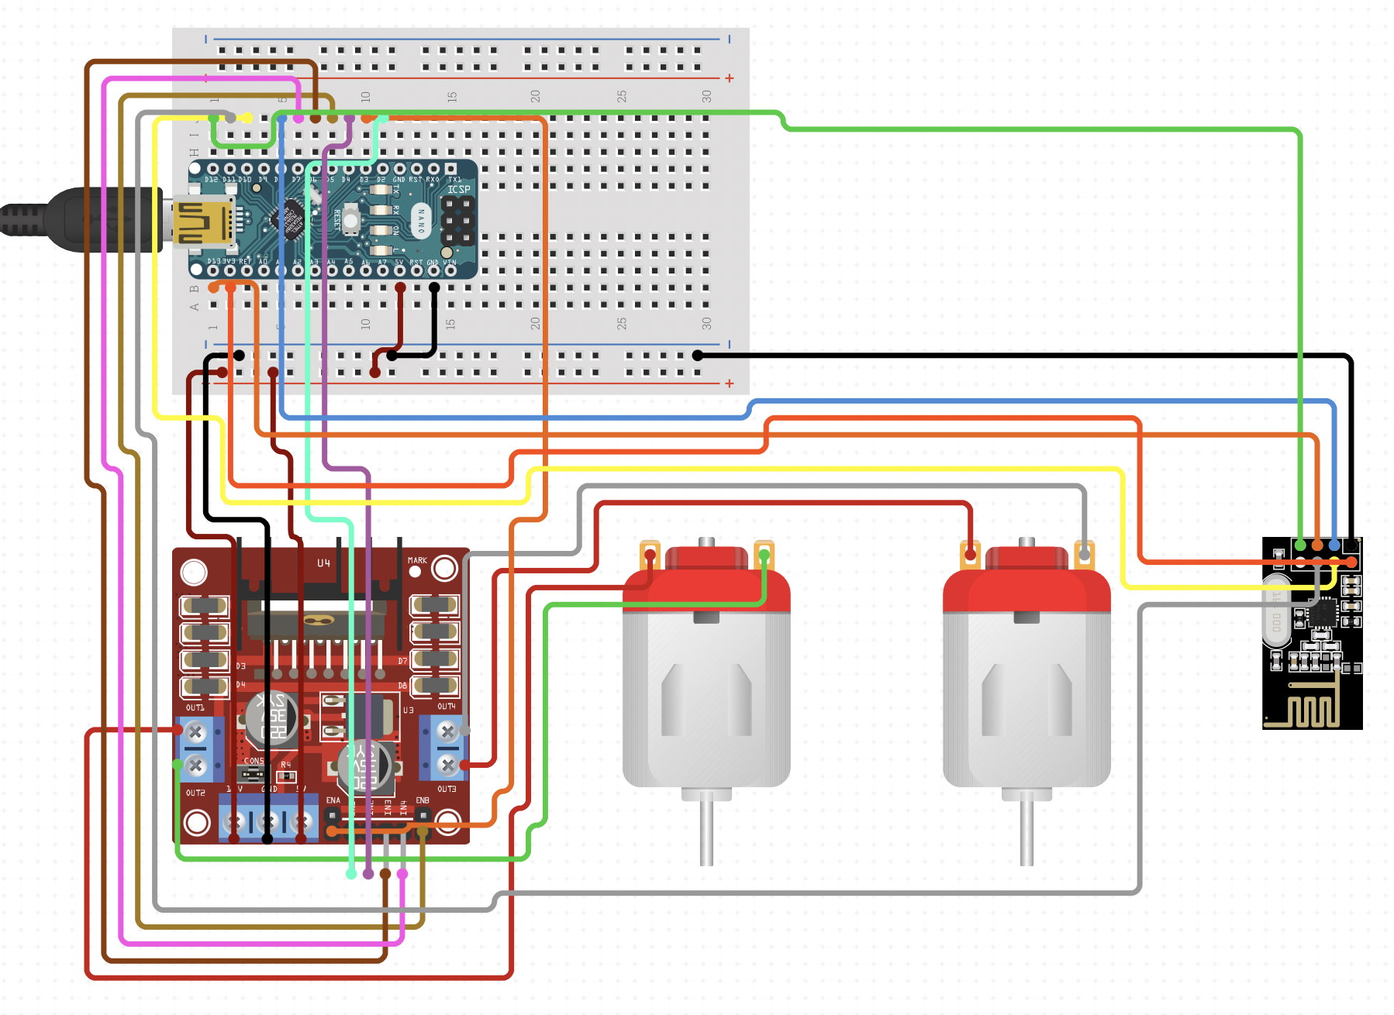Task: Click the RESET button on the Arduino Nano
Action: pyautogui.click(x=350, y=221)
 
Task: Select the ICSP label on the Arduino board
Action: pyautogui.click(x=458, y=189)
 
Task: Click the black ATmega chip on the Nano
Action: pyautogui.click(x=292, y=220)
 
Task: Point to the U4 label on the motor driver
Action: pyautogui.click(x=323, y=563)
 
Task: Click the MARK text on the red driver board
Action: pyautogui.click(x=417, y=560)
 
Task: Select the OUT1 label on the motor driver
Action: pyautogui.click(x=195, y=707)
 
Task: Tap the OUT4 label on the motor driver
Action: pyautogui.click(x=447, y=706)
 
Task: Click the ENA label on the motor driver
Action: pyautogui.click(x=333, y=800)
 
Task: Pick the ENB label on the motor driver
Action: pyautogui.click(x=423, y=800)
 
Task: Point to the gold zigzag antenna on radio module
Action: pyautogui.click(x=1310, y=709)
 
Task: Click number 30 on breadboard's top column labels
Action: pyautogui.click(x=706, y=96)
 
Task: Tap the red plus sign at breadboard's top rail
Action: pyautogui.click(x=729, y=78)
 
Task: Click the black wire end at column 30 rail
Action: pyautogui.click(x=698, y=356)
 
